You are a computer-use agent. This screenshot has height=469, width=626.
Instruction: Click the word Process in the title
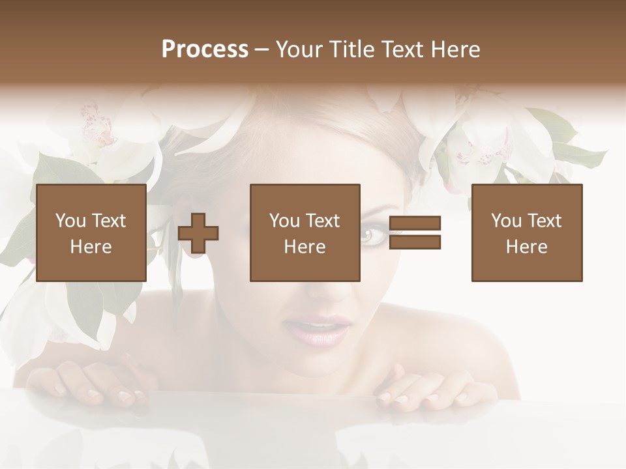pyautogui.click(x=205, y=50)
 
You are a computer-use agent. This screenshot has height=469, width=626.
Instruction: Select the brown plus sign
pyautogui.click(x=198, y=233)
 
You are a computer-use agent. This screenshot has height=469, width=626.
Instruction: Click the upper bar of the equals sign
pyautogui.click(x=415, y=223)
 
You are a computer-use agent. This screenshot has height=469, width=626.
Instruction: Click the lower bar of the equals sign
pyautogui.click(x=415, y=242)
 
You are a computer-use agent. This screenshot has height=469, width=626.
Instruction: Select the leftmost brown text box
pyautogui.click(x=91, y=233)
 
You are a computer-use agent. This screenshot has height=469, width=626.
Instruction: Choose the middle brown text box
pyautogui.click(x=305, y=233)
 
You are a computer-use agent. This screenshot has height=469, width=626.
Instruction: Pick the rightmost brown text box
pyautogui.click(x=526, y=233)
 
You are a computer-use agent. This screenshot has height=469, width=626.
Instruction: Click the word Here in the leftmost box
pyautogui.click(x=91, y=247)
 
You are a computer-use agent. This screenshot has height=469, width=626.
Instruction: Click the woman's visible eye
pyautogui.click(x=371, y=234)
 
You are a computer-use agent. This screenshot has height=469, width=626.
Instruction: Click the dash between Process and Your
pyautogui.click(x=261, y=50)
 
